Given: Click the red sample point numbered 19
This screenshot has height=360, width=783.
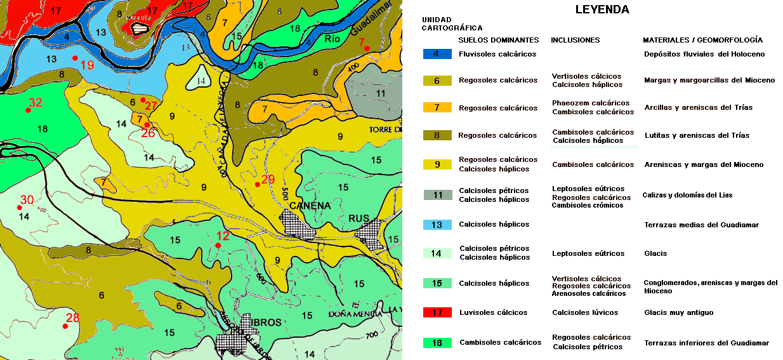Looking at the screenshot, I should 75,58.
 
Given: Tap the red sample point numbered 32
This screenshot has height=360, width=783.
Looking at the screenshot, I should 28,110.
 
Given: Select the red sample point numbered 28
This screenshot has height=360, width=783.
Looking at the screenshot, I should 65,326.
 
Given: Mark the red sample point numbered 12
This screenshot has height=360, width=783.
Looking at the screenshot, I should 218,245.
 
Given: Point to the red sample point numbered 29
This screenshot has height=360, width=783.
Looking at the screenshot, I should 257,185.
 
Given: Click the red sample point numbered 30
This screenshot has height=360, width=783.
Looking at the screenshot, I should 18,207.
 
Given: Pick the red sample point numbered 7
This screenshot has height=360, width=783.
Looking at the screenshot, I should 367,48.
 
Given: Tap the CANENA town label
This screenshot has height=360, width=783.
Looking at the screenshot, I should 310,206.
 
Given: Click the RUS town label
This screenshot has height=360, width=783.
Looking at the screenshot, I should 359,218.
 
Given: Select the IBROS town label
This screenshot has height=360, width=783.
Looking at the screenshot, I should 266,323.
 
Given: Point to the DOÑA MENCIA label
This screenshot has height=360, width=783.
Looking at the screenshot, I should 355,314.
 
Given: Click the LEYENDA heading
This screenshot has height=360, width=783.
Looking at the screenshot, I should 602,10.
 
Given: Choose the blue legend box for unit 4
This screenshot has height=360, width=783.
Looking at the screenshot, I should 437,54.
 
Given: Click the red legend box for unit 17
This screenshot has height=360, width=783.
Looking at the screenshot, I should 437,312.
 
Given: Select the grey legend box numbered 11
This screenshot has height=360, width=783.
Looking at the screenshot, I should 437,195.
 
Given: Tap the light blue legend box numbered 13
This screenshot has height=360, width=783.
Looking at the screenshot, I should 437,224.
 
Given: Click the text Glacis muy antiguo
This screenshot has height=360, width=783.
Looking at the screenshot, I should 678,312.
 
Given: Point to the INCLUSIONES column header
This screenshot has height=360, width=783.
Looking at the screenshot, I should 575,40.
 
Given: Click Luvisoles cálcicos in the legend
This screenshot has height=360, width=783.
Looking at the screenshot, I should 493,312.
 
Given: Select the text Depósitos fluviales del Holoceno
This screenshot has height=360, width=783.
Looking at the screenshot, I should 704,54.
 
